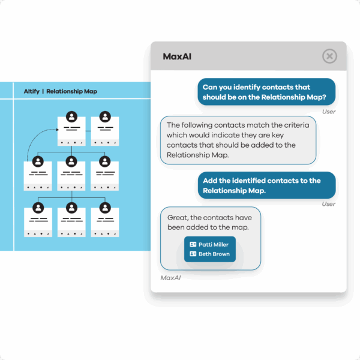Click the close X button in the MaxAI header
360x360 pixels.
[329, 56]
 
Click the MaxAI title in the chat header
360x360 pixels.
[177, 56]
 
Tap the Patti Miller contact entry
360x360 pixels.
[209, 245]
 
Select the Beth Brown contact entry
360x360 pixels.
[209, 254]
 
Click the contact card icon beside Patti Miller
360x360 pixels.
[193, 244]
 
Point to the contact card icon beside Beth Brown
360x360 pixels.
[193, 254]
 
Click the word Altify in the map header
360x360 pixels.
[32, 91]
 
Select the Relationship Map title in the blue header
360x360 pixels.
[71, 91]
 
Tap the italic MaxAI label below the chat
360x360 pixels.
[170, 278]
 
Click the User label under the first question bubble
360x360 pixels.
[329, 112]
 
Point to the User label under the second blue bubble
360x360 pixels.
[329, 204]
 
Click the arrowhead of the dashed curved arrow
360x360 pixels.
[58, 130]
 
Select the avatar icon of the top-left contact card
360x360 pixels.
[71, 117]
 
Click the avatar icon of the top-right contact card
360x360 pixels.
[105, 117]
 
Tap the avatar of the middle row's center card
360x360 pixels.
[71, 161]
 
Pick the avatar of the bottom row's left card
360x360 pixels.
[38, 208]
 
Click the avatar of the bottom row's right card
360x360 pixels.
[105, 208]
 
